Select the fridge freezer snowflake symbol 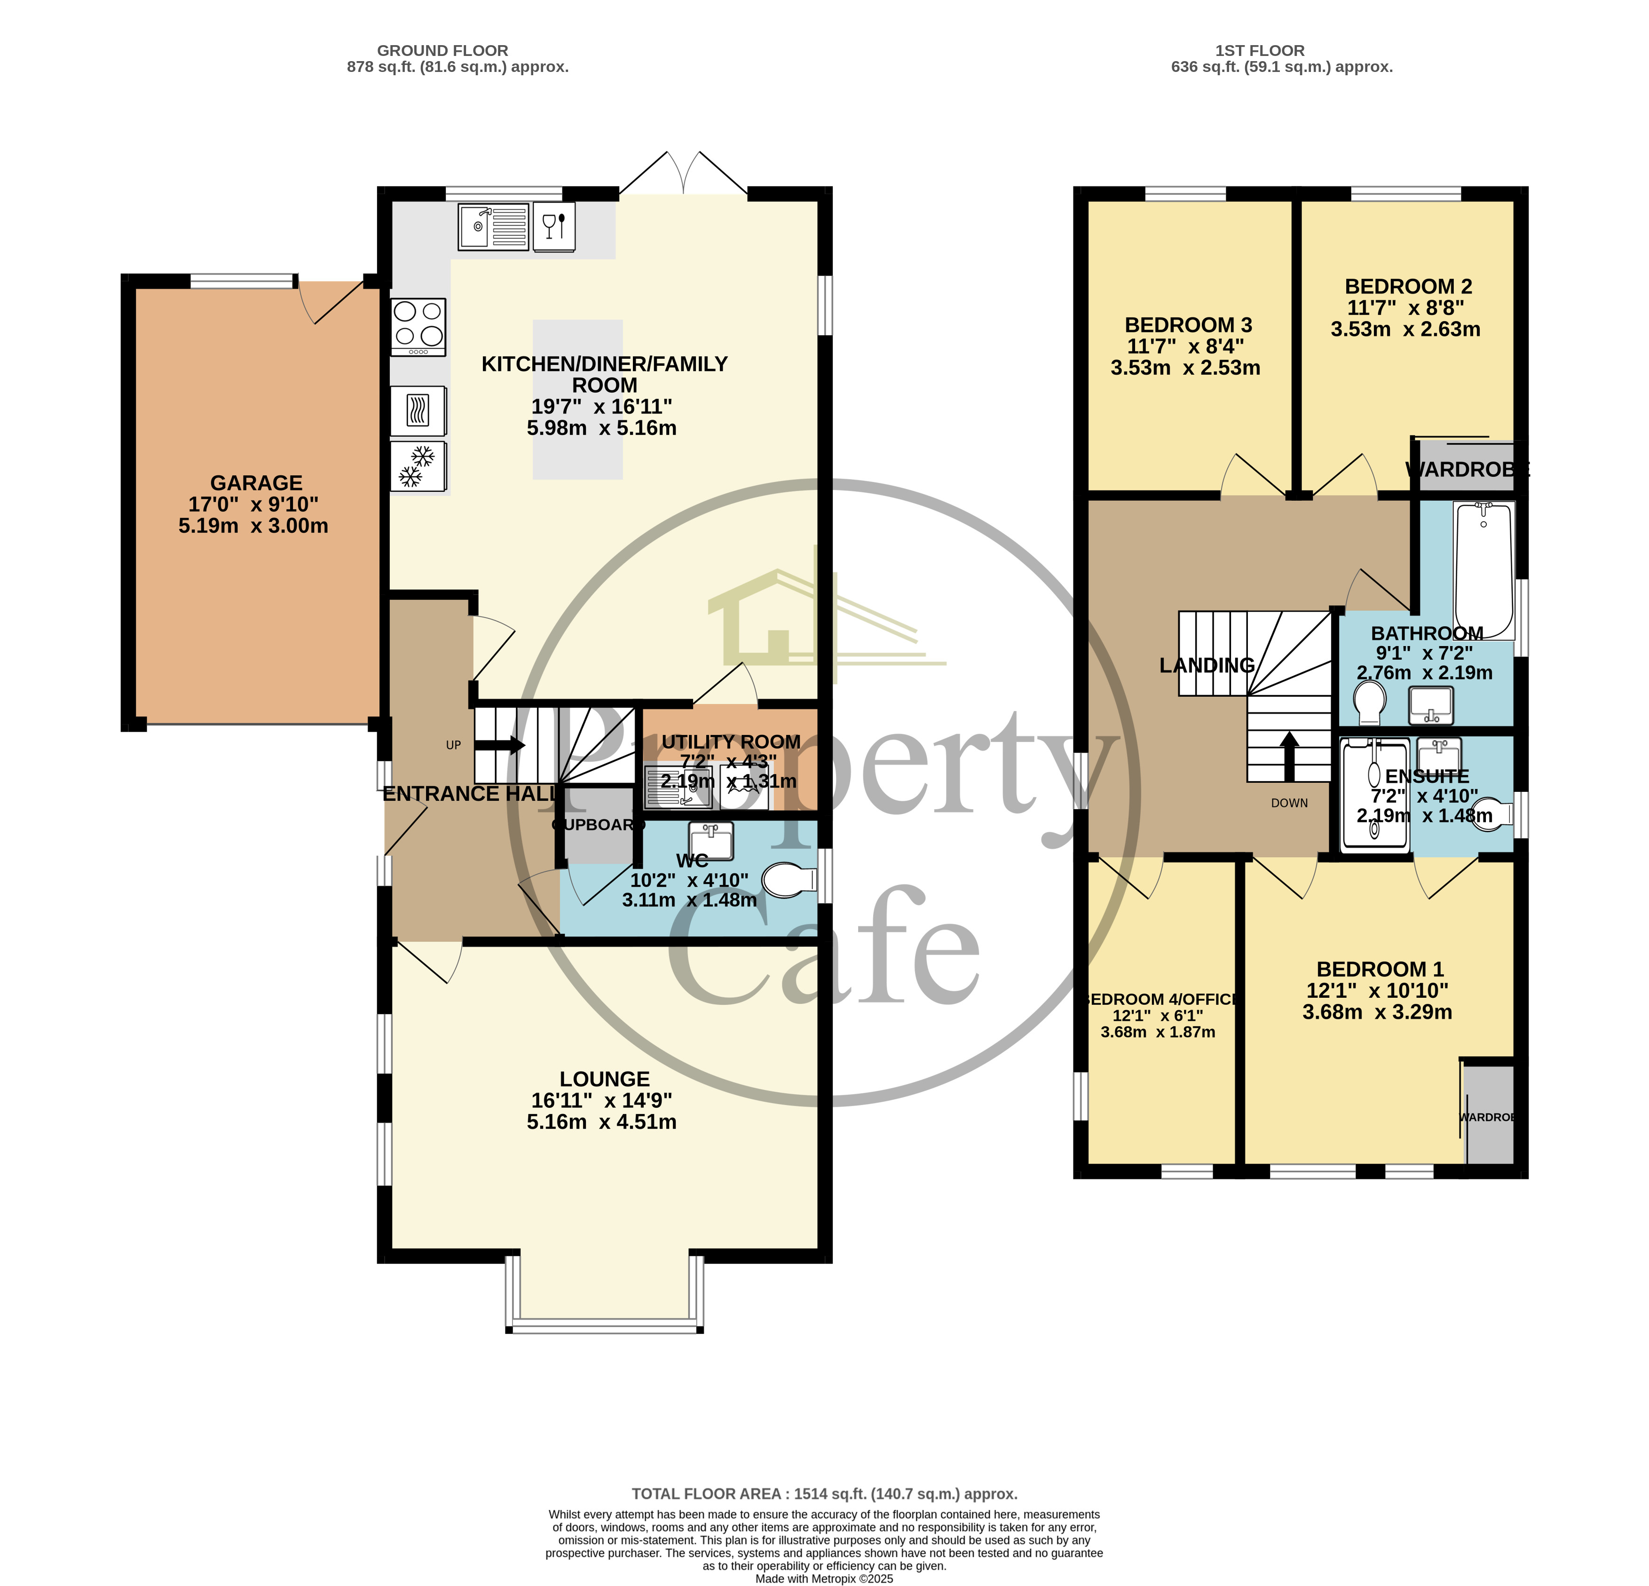click(x=418, y=466)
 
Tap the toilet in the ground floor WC click(x=789, y=880)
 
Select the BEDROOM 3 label click(x=1188, y=325)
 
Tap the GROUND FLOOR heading click(x=442, y=50)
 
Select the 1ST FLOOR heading click(x=1260, y=50)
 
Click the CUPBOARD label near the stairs click(x=597, y=825)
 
